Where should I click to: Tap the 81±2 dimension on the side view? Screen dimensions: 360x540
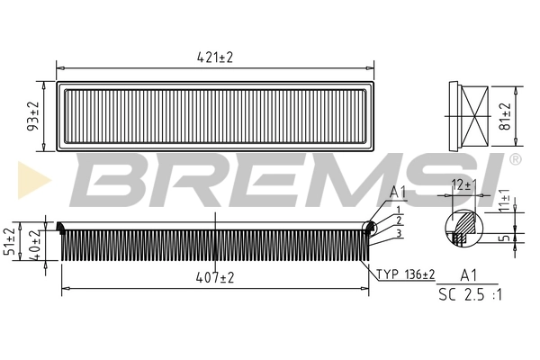[505, 116]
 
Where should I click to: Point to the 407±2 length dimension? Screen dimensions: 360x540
[214, 279]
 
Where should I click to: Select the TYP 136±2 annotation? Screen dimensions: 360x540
[405, 274]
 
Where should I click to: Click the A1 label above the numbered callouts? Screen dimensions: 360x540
[398, 192]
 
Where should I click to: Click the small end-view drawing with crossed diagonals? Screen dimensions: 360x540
[468, 116]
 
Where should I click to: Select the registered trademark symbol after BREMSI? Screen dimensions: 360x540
[514, 159]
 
